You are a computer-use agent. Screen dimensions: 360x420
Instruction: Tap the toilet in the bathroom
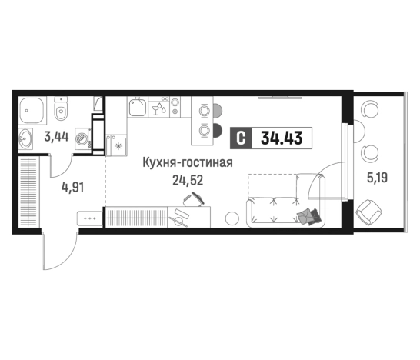tap(61, 114)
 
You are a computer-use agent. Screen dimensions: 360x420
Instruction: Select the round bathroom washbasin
tap(28, 139)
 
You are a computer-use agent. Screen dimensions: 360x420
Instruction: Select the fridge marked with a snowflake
tap(118, 144)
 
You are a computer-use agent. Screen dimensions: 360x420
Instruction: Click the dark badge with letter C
tap(241, 139)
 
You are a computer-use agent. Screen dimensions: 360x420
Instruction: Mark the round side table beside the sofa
tap(230, 218)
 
